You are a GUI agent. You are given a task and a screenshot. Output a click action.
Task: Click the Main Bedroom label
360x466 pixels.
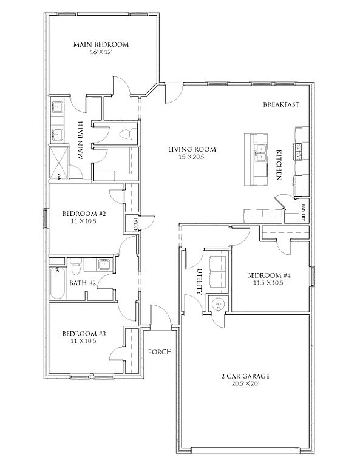coord(101,44)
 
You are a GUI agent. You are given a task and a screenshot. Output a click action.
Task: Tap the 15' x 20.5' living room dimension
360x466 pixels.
coord(192,157)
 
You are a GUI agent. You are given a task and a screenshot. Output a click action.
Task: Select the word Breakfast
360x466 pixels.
coord(281,104)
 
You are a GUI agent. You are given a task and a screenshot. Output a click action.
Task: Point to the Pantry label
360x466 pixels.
coord(303,212)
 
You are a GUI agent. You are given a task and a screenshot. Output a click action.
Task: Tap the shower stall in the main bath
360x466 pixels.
coord(58,163)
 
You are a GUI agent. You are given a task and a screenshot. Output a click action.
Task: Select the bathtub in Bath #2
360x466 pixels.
coord(57,283)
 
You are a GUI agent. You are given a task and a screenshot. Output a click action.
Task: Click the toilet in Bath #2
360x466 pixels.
coord(76,266)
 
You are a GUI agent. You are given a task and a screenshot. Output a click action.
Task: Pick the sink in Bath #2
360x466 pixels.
coord(104,264)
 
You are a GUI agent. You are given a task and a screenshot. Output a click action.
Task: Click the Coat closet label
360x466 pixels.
coord(135,223)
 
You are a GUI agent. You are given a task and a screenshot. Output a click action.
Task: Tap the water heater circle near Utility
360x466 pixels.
coord(218,305)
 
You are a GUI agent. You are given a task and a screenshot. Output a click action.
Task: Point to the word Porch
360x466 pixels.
coord(160,352)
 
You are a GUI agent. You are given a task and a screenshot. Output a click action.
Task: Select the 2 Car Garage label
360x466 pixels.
coord(245,376)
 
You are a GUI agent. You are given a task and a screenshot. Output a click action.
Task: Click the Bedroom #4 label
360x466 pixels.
coord(269,275)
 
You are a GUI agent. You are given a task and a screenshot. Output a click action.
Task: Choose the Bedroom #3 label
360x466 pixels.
coord(84,334)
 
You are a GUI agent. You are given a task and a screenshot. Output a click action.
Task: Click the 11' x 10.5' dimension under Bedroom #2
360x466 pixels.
coord(80,221)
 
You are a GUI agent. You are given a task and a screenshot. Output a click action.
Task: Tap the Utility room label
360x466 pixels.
coord(200,282)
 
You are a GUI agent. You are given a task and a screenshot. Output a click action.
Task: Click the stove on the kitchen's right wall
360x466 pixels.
coord(298,150)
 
